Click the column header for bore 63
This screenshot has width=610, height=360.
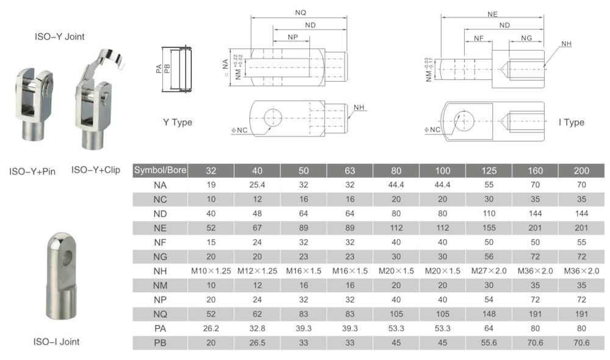(350, 170)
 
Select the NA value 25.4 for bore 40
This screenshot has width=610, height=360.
(257, 185)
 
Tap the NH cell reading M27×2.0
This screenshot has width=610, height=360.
(489, 271)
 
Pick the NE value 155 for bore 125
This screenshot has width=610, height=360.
(489, 228)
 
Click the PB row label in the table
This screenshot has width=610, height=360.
(160, 343)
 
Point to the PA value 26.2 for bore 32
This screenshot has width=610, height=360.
(211, 328)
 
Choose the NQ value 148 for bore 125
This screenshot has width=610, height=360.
(489, 314)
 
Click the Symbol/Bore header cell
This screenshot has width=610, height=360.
(160, 170)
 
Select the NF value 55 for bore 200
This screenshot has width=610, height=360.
(581, 242)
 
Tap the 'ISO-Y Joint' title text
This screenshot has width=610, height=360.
(60, 37)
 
